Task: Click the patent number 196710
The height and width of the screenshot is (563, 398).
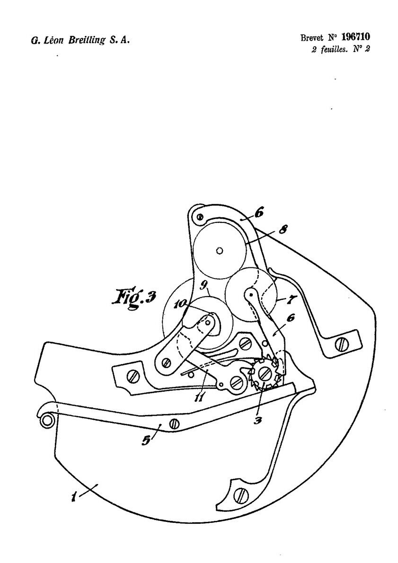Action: coord(355,36)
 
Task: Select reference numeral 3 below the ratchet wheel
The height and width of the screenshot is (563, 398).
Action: coord(256,420)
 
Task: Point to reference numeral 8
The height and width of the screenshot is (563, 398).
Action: coord(283,229)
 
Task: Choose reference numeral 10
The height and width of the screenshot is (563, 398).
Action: coord(180,304)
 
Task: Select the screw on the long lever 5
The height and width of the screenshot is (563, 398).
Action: coord(175,424)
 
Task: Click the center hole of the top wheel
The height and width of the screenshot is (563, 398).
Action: coord(220,250)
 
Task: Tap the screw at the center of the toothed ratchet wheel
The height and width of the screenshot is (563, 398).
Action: coord(265,374)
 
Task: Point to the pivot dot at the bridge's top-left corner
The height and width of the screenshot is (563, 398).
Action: coord(201,217)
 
